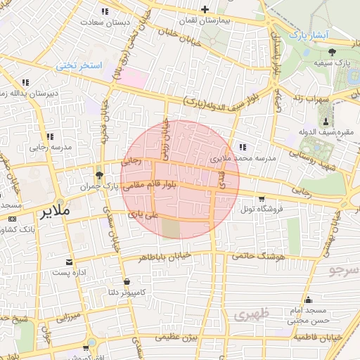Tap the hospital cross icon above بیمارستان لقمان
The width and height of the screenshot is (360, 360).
click(205, 10)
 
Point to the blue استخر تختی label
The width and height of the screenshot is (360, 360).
click(79, 65)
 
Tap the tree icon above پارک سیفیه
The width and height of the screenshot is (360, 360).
click(332, 51)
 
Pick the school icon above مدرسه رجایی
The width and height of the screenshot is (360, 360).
click(49, 136)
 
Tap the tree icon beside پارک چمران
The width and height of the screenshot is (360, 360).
click(98, 175)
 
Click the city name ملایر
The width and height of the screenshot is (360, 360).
click(56, 210)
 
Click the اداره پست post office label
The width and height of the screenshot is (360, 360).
click(69, 271)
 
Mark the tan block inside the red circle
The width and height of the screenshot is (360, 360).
click(170, 228)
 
